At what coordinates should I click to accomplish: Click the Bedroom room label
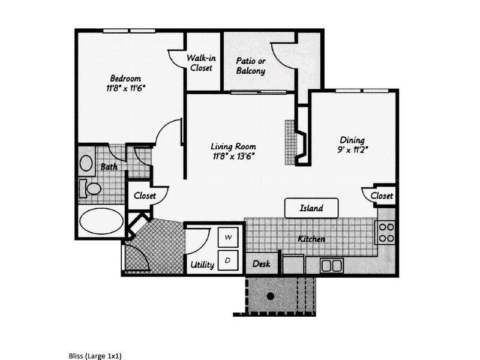click(125, 79)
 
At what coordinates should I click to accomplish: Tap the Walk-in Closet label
click(201, 63)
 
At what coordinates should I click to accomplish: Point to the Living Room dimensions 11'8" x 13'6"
click(233, 157)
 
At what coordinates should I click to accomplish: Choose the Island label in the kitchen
click(311, 209)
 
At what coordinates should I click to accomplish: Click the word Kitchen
click(311, 239)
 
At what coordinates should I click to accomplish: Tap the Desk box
click(261, 263)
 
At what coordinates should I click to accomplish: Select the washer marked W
click(228, 238)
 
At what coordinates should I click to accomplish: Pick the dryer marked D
click(228, 260)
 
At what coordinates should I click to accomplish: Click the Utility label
click(202, 264)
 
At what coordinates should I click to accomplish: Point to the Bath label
click(109, 167)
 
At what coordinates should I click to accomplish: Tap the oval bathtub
click(100, 221)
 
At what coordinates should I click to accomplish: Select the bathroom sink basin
click(86, 163)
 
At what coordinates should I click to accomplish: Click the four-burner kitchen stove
click(386, 232)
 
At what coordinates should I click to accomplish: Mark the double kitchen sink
click(331, 265)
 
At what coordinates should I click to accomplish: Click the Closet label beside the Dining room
click(382, 196)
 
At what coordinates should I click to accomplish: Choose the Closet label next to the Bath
click(145, 196)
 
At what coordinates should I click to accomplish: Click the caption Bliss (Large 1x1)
click(95, 356)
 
